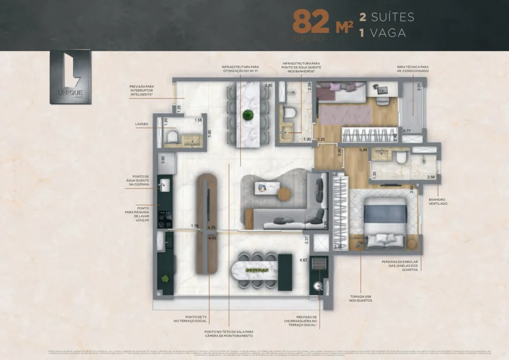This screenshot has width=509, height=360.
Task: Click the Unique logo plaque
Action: point(70,77)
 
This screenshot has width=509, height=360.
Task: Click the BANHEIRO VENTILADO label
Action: point(437,201)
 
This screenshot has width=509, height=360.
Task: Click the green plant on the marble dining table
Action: point(248,115)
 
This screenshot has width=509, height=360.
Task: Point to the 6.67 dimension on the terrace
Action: point(304,260)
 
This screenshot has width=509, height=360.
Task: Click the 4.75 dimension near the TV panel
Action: point(211,228)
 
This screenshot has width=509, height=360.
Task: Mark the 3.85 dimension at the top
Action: point(268,86)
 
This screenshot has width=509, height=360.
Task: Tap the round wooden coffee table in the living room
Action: point(284,194)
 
